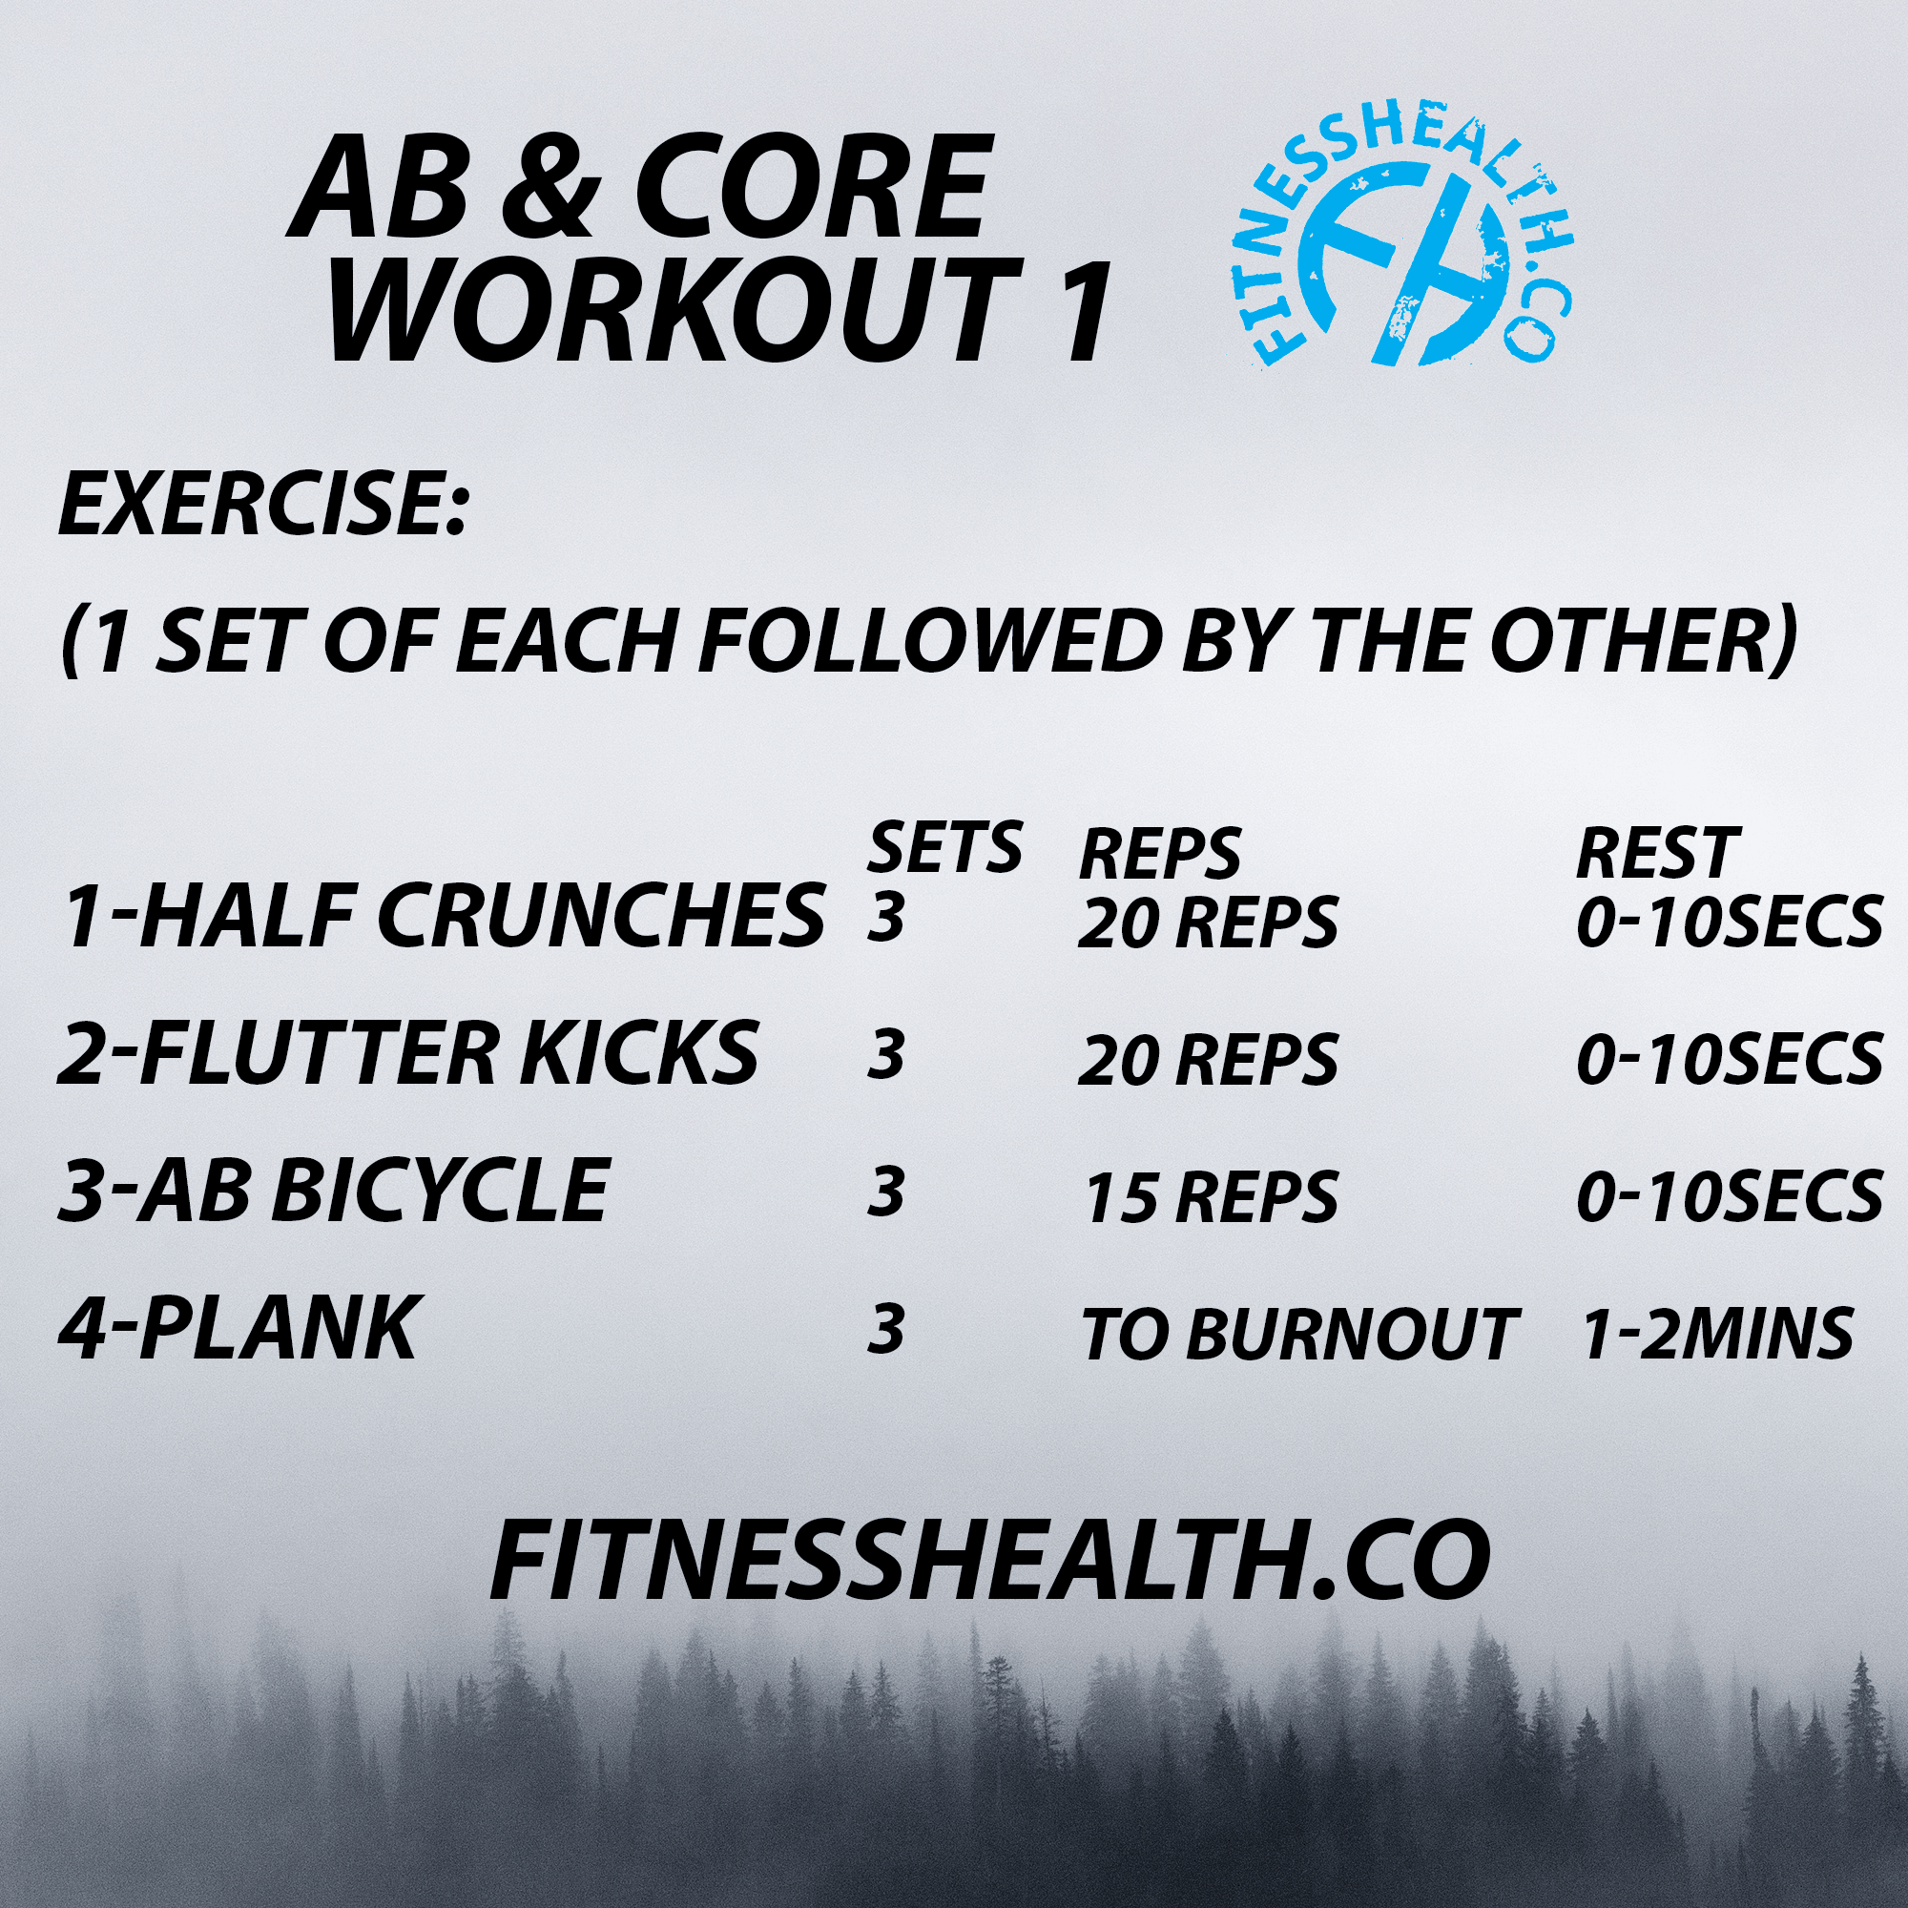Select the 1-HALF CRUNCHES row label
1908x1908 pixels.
(x=443, y=918)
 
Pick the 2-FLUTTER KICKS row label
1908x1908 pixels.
(x=408, y=1054)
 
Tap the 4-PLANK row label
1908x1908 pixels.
(x=237, y=1328)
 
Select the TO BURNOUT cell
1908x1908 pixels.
(x=1297, y=1335)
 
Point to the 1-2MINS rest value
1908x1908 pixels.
(x=1716, y=1334)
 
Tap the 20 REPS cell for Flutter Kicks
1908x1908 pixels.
(x=1207, y=1060)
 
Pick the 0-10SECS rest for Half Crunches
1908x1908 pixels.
(x=1729, y=923)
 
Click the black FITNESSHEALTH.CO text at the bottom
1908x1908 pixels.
(x=989, y=1562)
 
